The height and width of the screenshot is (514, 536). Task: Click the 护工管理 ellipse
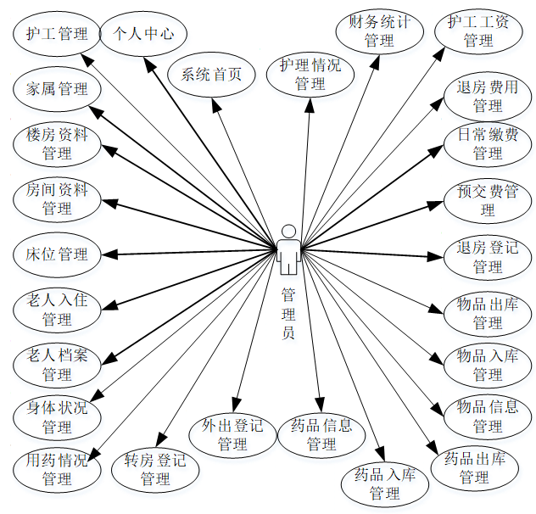[x=57, y=34]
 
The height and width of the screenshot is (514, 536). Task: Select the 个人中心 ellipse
[x=144, y=34]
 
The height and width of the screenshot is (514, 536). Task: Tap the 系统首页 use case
[x=211, y=74]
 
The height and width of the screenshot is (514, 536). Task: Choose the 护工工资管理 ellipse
[x=478, y=31]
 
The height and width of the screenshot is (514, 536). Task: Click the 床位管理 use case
[x=57, y=254]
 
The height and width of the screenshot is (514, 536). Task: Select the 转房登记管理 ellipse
[x=155, y=470]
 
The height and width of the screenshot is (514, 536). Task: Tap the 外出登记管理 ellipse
[x=232, y=434]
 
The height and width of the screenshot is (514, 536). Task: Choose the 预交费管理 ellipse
[x=487, y=200]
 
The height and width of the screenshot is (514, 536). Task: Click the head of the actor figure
[x=288, y=232]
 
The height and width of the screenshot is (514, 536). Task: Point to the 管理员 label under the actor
[x=288, y=313]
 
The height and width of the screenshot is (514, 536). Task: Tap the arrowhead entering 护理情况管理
[x=310, y=100]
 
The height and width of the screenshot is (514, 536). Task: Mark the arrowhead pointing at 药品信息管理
[x=320, y=406]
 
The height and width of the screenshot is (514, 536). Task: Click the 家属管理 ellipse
[x=57, y=88]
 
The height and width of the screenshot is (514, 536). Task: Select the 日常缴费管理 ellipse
[x=487, y=143]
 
